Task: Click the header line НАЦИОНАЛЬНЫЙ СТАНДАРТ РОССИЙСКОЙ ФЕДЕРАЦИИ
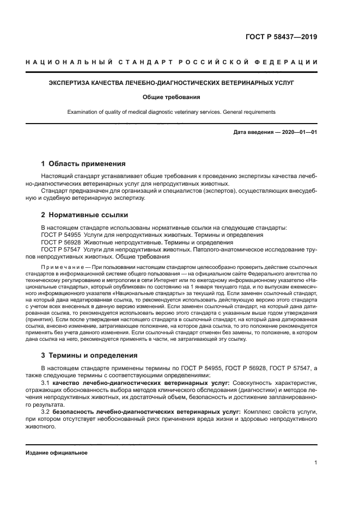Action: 172,63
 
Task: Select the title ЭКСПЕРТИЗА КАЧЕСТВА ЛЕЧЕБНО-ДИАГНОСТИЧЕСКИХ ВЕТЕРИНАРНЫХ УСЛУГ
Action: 172,83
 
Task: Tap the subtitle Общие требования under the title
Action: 172,97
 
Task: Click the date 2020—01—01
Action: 296,132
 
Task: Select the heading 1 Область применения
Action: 83,163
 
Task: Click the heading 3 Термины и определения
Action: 89,355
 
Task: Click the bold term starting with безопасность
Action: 147,412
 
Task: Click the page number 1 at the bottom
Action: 316,463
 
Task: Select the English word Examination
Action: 83,112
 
